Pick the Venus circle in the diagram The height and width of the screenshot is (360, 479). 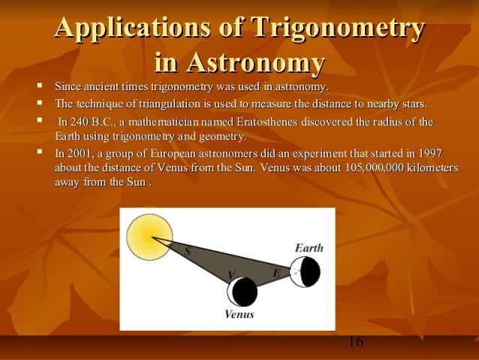pos(243,292)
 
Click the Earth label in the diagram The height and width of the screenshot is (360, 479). pos(309,247)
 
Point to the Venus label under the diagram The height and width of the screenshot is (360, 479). pos(240,314)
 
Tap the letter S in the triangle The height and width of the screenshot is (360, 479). pos(187,253)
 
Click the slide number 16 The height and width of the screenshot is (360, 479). pos(355,343)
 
